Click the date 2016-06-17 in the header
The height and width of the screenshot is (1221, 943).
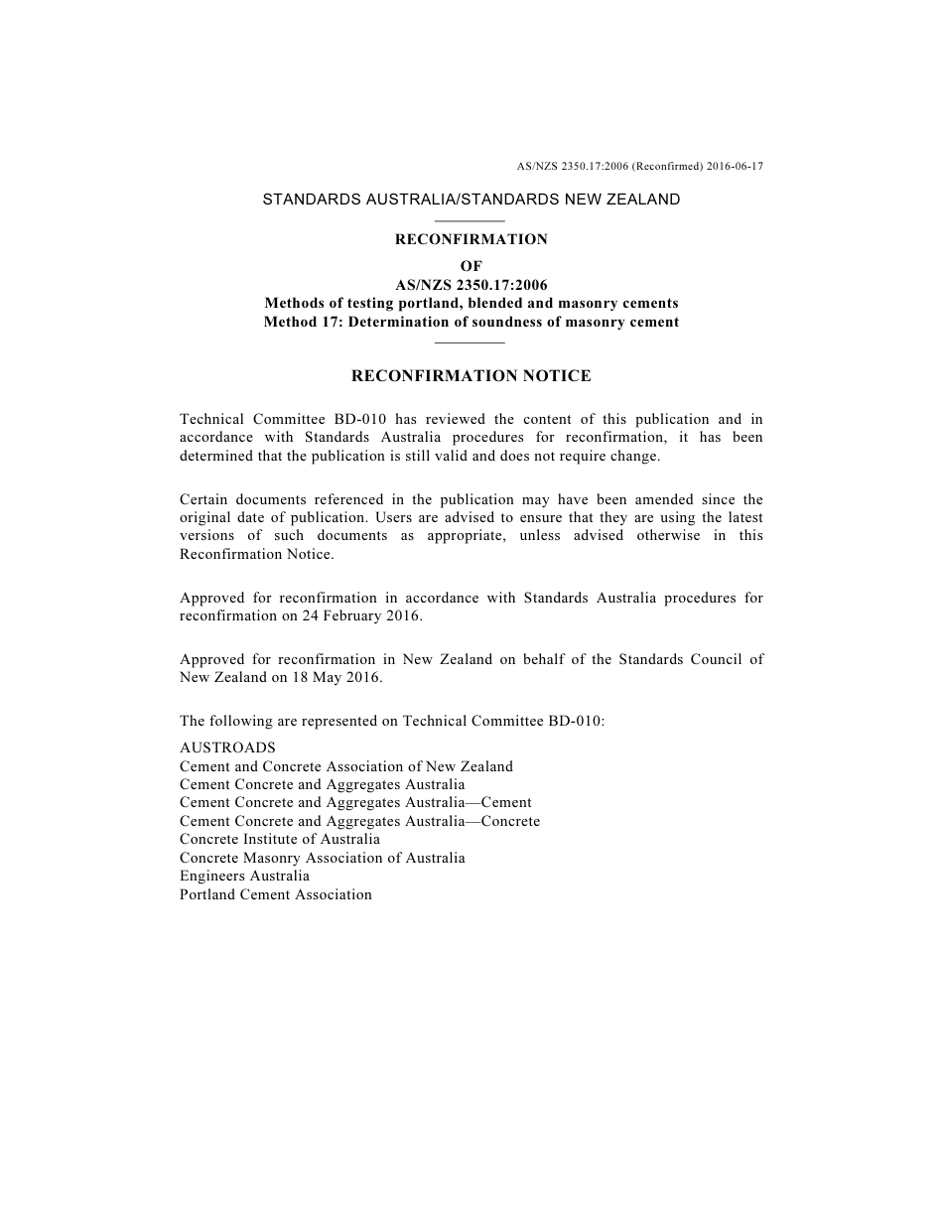point(736,166)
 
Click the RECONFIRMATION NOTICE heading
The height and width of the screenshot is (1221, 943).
point(471,376)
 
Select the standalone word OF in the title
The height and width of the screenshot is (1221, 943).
point(471,266)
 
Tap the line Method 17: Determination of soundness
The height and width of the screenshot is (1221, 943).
point(471,322)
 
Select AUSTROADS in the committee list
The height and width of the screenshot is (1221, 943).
point(227,747)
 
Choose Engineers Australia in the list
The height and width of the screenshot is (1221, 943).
point(244,876)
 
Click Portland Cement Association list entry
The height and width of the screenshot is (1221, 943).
point(276,894)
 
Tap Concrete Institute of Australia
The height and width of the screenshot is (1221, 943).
point(280,839)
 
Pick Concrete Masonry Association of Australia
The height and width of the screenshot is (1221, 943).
point(323,858)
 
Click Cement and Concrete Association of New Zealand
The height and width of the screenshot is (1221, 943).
point(346,766)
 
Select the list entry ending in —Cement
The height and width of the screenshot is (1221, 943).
point(355,802)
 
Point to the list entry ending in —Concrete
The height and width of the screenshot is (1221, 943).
point(360,821)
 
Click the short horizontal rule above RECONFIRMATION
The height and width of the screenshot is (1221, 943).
point(471,220)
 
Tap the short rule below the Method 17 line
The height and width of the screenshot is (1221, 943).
point(471,342)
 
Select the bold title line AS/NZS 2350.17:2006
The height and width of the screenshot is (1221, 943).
point(471,285)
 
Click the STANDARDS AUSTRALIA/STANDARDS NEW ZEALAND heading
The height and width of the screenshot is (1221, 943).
point(471,200)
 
